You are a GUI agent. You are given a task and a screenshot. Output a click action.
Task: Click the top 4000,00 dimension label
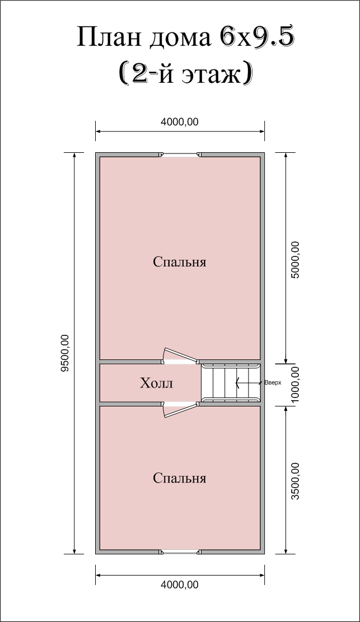[179, 122]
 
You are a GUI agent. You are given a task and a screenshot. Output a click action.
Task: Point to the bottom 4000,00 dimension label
[179, 584]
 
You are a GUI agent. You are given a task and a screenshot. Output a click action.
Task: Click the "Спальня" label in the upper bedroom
[179, 262]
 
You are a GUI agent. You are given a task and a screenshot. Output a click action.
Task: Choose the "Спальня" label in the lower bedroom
[179, 478]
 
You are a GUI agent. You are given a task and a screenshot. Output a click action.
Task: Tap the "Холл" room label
[156, 383]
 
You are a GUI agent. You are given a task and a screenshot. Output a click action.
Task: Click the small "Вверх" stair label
[273, 383]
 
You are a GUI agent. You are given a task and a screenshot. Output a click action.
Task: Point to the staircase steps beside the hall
[231, 383]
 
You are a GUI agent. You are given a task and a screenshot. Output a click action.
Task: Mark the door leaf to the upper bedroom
[181, 354]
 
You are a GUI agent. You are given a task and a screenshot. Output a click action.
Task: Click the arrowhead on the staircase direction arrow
[237, 383]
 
